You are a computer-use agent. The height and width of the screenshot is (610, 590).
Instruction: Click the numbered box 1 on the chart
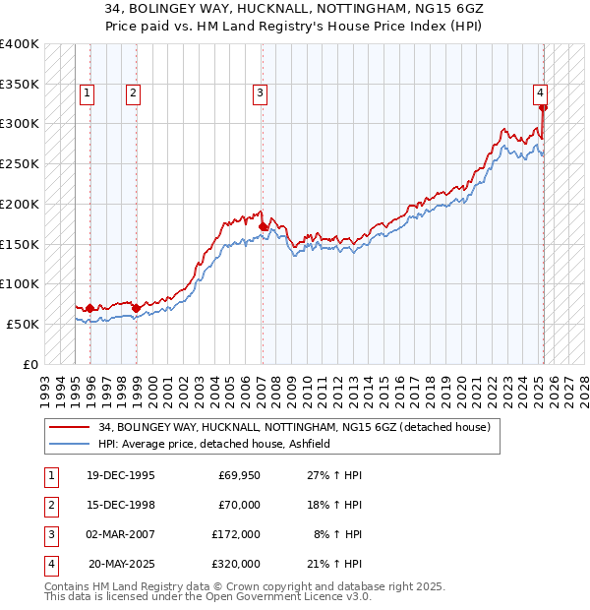coord(87,93)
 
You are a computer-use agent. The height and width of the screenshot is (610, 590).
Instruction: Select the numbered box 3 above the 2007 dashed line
coord(260,93)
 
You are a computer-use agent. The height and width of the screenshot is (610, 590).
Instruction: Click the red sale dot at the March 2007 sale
coord(263,227)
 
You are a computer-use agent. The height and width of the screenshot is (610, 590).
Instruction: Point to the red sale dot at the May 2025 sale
coord(543,108)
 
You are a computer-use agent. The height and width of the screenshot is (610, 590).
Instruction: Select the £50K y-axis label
coord(24,324)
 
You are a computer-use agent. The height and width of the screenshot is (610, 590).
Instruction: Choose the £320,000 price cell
coord(236,564)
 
